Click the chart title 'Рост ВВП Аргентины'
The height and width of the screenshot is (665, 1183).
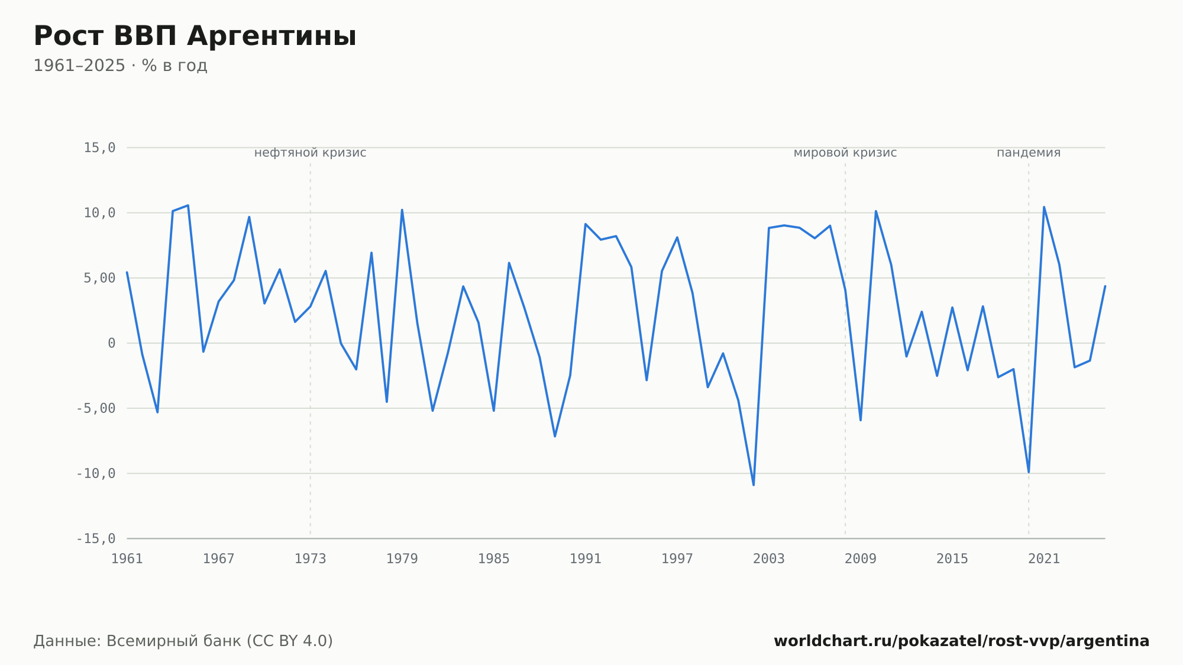(195, 37)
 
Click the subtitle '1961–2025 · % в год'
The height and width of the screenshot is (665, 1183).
(120, 66)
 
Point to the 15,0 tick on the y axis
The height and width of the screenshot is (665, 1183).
(99, 148)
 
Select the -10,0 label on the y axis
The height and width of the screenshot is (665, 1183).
(96, 473)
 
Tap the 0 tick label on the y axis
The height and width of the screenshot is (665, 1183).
(112, 343)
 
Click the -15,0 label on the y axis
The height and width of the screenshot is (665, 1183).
(96, 538)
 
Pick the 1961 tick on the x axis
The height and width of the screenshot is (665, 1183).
(127, 559)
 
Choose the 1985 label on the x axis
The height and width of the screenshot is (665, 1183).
(494, 559)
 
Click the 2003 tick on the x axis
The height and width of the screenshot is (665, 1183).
(769, 559)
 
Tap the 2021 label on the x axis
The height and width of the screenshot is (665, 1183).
(1044, 559)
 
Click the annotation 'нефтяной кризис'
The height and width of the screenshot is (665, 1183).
(311, 153)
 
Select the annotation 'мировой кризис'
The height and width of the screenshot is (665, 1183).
(845, 153)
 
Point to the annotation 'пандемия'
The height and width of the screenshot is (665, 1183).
(1029, 153)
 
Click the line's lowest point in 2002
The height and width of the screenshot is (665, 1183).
(754, 485)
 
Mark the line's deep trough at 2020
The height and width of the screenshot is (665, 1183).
(1029, 472)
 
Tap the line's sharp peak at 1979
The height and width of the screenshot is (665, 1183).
(402, 210)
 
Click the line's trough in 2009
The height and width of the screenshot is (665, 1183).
(861, 420)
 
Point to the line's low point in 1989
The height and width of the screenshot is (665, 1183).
(555, 436)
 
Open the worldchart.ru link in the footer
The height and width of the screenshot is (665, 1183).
(962, 641)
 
